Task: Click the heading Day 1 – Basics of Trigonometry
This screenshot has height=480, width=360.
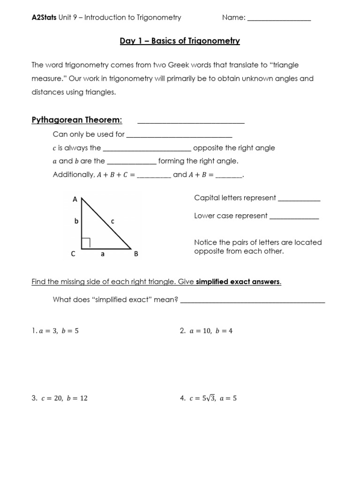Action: point(180,41)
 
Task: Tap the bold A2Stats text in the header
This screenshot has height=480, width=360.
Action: point(44,17)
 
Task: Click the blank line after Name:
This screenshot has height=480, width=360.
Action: point(279,18)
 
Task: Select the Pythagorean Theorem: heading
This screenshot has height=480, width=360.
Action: point(77,120)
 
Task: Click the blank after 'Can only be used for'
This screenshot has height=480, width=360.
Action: point(180,135)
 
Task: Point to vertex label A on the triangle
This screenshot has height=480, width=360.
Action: point(75,199)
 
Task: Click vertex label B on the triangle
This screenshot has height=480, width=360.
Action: point(136,254)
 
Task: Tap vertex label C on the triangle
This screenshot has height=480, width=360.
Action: point(73,254)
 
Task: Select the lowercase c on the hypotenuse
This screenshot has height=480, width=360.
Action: point(112,221)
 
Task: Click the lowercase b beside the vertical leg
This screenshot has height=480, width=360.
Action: point(76,221)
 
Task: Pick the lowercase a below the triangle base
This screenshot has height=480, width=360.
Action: point(102,254)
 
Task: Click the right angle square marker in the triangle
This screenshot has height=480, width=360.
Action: point(86,242)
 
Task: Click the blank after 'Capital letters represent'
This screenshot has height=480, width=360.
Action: point(299,199)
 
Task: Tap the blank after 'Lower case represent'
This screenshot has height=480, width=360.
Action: point(294,217)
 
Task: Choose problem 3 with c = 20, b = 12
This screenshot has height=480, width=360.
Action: point(60,398)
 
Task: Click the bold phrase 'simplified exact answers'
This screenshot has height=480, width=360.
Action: point(238,282)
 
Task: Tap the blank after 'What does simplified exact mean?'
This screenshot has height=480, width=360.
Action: point(252,300)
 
